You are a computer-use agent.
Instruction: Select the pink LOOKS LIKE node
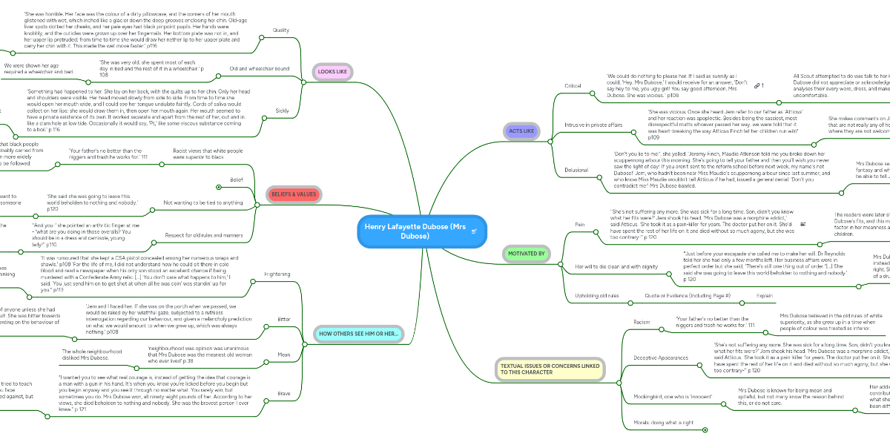coord(332,72)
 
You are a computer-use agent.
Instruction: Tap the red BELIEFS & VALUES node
coord(294,194)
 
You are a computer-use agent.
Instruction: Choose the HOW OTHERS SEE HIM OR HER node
coord(358,334)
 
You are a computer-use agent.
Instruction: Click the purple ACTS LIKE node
coord(521,131)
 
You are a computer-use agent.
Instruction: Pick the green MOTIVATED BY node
coord(527,254)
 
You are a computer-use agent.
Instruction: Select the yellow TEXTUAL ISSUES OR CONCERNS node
coord(549,369)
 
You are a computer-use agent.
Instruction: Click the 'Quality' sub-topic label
coord(281,30)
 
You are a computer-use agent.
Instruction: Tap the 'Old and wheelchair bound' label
coord(260,68)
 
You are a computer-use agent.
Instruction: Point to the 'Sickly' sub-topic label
coord(282,111)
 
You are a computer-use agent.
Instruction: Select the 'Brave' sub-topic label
coord(283,394)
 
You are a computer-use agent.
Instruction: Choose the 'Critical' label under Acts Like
coord(573,86)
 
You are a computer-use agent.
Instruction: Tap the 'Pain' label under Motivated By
coord(581,222)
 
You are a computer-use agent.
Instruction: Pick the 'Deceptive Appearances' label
coord(662,357)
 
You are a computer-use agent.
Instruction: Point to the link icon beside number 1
coord(756,86)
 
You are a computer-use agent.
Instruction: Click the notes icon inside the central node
coord(473,231)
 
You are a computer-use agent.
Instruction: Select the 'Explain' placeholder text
coord(764,296)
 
